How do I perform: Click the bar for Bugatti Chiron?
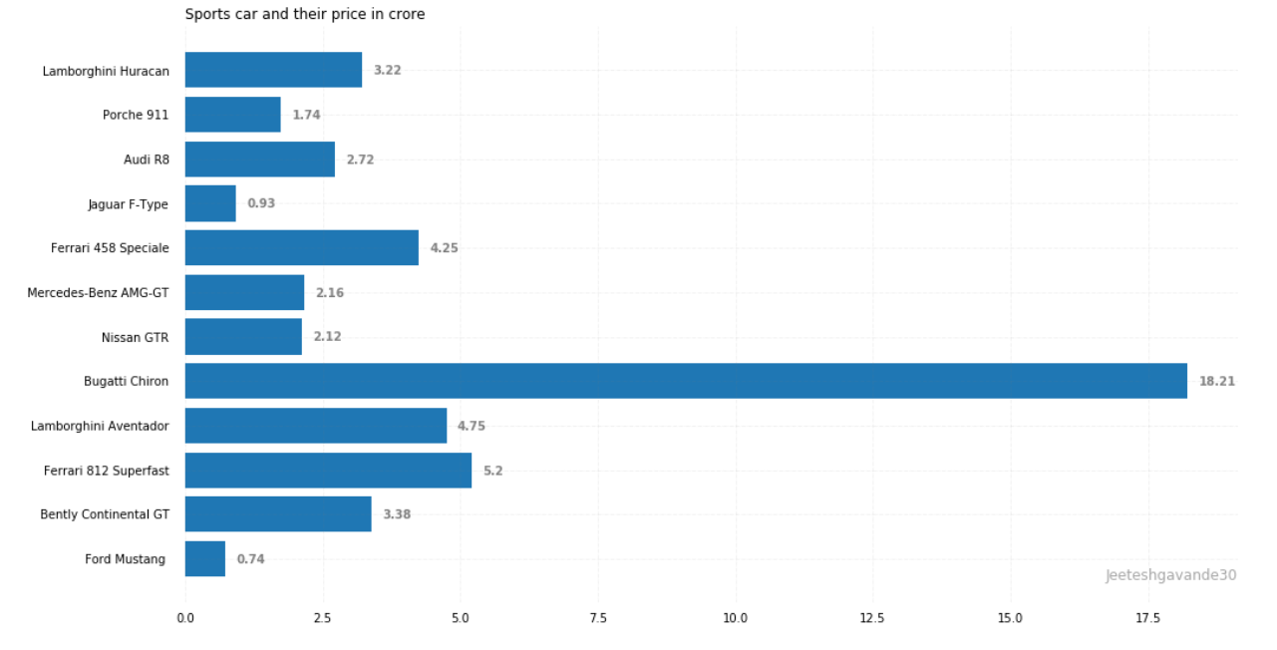[686, 381]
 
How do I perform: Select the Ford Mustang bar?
[205, 559]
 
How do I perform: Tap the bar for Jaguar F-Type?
[210, 203]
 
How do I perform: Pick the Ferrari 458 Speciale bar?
[302, 247]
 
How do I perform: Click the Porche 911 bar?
[233, 115]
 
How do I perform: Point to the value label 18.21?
[1216, 381]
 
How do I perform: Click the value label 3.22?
[387, 71]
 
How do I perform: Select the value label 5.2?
[492, 471]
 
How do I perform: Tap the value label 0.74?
[250, 559]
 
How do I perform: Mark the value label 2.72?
[360, 160]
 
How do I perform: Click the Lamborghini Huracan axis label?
[106, 72]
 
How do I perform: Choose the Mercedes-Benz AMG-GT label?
[98, 293]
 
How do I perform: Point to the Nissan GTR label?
[135, 338]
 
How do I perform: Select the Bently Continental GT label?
[105, 514]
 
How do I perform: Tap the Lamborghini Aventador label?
[100, 427]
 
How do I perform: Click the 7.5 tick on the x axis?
[598, 619]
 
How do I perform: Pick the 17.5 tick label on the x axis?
[1147, 619]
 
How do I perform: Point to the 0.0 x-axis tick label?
[185, 619]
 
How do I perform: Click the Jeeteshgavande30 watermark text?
[1170, 575]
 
